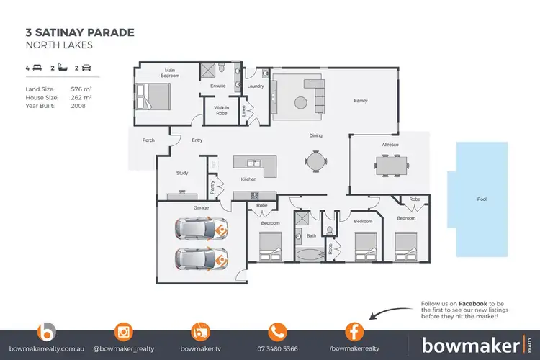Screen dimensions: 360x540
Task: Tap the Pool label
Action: [x=482, y=199]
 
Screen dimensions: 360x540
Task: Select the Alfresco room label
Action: [x=390, y=145]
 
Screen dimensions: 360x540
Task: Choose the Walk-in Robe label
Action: [x=217, y=112]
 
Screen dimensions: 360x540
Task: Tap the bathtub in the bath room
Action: [x=311, y=255]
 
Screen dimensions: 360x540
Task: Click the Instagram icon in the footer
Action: [x=124, y=332]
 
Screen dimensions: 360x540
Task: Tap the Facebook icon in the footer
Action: [x=353, y=332]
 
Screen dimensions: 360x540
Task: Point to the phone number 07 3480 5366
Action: [x=277, y=348]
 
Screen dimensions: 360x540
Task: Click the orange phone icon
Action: [x=277, y=332]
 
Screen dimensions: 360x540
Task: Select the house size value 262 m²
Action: [x=81, y=96]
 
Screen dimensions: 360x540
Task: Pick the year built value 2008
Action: [x=78, y=105]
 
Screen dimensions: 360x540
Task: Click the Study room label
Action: [x=182, y=173]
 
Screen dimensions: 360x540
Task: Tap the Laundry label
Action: [x=256, y=86]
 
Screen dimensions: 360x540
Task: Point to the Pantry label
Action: [x=212, y=187]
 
